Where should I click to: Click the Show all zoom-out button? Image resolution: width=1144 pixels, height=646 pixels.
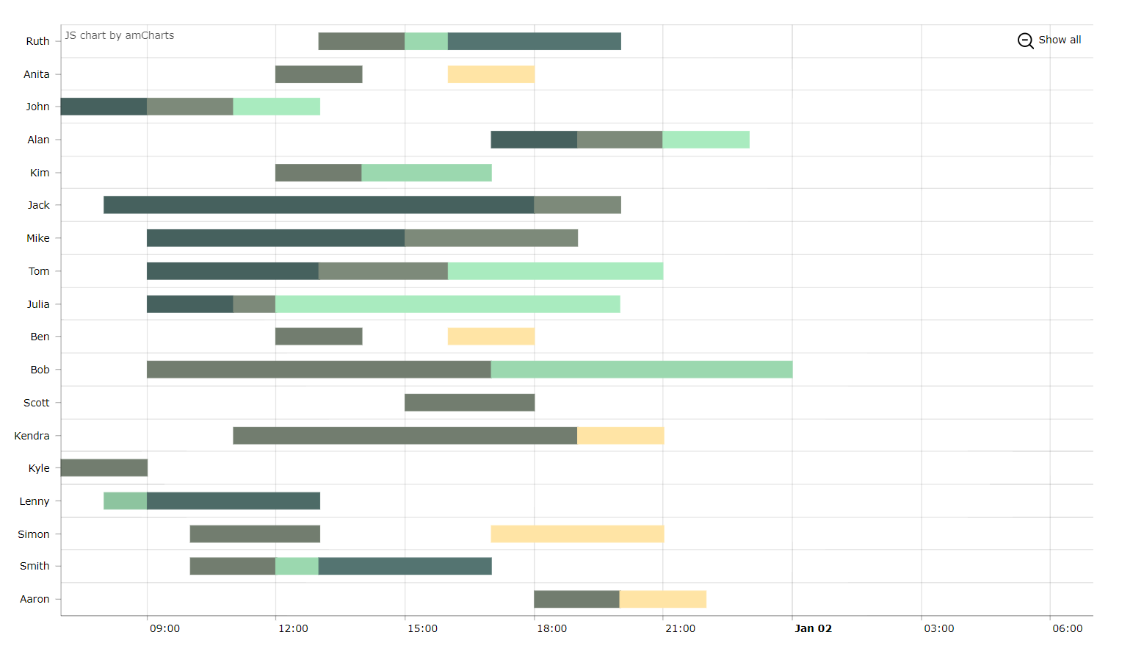[1049, 40]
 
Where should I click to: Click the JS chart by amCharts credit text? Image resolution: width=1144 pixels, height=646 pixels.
[120, 35]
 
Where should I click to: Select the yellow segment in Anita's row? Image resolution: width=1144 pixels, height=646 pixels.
[490, 74]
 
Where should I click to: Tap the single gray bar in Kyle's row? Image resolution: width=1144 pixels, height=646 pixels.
[104, 467]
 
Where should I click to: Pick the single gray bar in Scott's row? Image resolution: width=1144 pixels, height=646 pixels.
[469, 402]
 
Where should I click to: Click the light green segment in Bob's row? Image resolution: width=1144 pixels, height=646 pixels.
[641, 369]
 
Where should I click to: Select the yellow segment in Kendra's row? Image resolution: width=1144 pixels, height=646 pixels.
[620, 435]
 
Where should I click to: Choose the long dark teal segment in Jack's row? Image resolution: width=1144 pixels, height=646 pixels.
[319, 205]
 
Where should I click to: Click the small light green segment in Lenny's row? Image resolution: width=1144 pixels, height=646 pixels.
[125, 500]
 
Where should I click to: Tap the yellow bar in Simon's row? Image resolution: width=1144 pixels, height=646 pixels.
[577, 534]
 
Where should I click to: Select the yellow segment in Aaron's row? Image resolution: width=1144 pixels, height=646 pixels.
[662, 599]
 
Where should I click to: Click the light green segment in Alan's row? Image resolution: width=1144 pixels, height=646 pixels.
[706, 140]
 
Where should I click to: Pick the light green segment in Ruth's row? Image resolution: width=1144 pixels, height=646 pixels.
[426, 41]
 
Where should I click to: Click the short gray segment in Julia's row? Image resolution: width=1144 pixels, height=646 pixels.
[254, 304]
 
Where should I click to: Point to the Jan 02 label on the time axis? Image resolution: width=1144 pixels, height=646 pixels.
[813, 628]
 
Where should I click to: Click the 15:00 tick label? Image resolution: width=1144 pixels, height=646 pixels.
[422, 628]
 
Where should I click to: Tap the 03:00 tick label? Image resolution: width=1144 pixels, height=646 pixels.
[938, 628]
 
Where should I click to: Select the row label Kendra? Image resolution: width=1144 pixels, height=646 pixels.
[32, 436]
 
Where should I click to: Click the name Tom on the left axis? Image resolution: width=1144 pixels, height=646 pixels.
[39, 271]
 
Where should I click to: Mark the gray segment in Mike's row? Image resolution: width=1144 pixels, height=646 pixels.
[490, 238]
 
